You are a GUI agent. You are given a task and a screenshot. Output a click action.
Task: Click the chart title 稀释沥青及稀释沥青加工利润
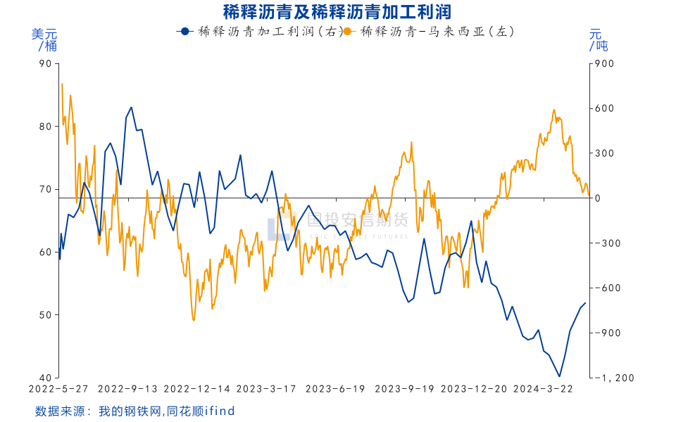click(x=337, y=11)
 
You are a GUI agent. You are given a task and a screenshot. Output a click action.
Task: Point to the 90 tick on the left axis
click(x=46, y=64)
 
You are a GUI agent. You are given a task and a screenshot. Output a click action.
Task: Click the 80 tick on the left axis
click(x=46, y=127)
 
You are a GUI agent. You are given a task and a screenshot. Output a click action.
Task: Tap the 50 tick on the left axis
click(x=46, y=315)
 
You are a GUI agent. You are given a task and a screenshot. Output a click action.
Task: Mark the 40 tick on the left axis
click(x=46, y=378)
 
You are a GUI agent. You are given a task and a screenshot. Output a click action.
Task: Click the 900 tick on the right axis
click(x=606, y=64)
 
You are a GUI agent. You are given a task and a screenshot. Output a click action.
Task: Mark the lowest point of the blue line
click(x=559, y=376)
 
